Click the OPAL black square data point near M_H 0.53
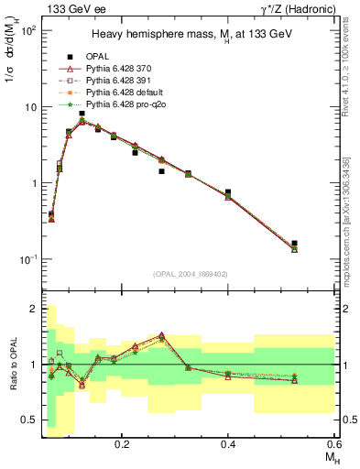click(294, 244)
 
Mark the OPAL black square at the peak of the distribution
click(82, 114)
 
